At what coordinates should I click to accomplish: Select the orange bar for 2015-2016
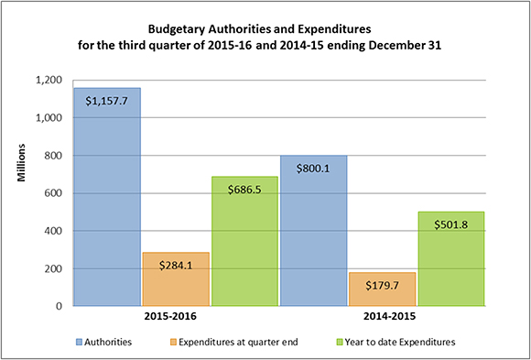click(176, 284)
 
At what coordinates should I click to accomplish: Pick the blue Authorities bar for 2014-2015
click(314, 238)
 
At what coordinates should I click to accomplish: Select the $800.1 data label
click(314, 168)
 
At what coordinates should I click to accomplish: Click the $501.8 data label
click(450, 224)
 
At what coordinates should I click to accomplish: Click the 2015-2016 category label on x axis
click(176, 320)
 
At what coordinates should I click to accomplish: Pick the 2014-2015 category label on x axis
click(382, 320)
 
